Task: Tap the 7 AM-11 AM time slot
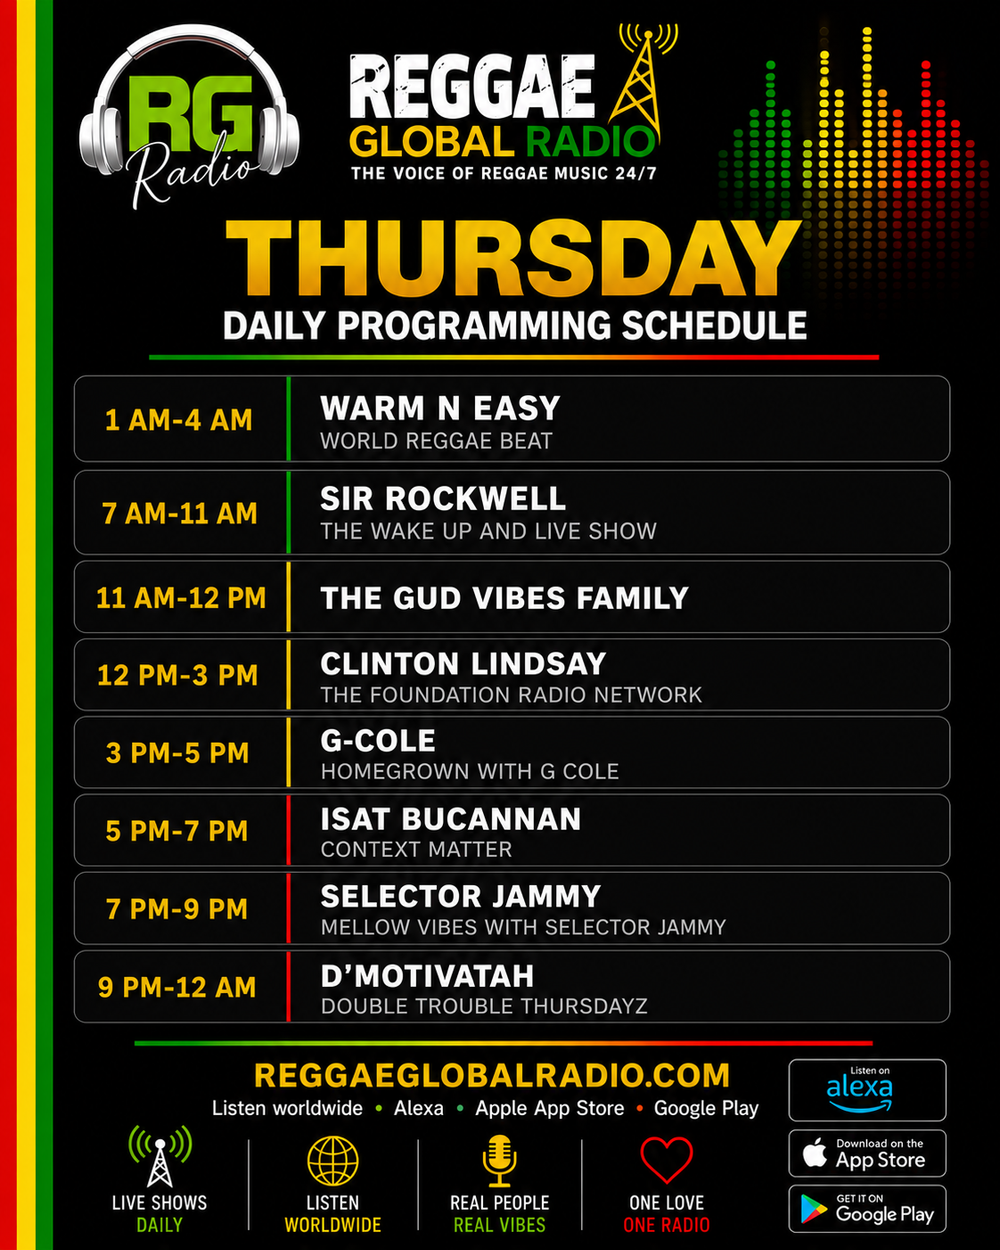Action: click(x=180, y=513)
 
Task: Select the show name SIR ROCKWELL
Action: click(x=443, y=498)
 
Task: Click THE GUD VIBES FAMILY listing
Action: click(x=504, y=598)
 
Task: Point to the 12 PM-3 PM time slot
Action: click(x=178, y=675)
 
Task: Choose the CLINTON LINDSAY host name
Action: click(x=463, y=663)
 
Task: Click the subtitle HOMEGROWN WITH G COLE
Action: click(x=470, y=771)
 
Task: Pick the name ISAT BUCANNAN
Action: click(x=451, y=819)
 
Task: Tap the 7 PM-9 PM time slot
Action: click(x=177, y=909)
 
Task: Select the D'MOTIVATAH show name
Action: click(x=427, y=976)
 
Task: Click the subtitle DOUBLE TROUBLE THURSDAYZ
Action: click(x=484, y=1006)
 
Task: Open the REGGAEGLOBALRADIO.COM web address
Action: click(x=492, y=1075)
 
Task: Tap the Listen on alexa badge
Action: click(x=867, y=1090)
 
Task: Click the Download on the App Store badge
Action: click(x=867, y=1154)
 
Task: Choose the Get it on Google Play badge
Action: click(x=867, y=1209)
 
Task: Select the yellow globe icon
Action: click(x=333, y=1161)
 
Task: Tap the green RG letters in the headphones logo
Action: click(x=190, y=114)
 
